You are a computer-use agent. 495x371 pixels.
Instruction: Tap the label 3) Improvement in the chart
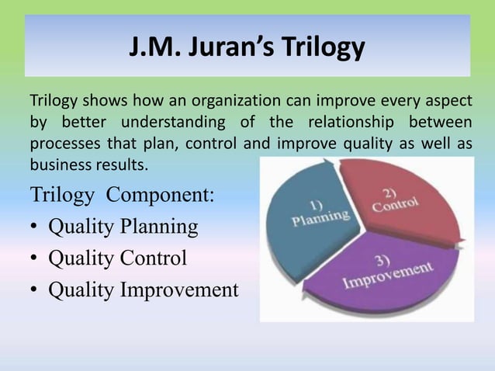[x=388, y=272]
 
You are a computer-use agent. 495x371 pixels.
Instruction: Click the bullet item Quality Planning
[x=123, y=227]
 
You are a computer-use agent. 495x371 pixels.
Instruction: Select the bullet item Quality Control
[x=117, y=258]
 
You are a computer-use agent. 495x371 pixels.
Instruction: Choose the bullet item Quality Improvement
[x=144, y=290]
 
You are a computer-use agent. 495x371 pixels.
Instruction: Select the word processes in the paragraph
[x=60, y=145]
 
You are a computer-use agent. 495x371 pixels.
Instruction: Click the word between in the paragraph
[x=442, y=123]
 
